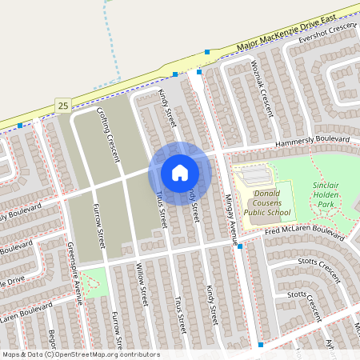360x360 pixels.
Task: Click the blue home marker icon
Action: (x=179, y=172)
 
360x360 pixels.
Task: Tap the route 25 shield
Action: (x=63, y=105)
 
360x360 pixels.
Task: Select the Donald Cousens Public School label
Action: (x=267, y=203)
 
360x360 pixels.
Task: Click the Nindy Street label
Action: (x=166, y=111)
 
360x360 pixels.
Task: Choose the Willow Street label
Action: (x=141, y=285)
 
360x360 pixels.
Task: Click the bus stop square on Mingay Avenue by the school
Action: (x=240, y=247)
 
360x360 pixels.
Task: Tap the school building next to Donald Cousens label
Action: (x=253, y=174)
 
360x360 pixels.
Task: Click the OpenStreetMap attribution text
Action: (x=81, y=354)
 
